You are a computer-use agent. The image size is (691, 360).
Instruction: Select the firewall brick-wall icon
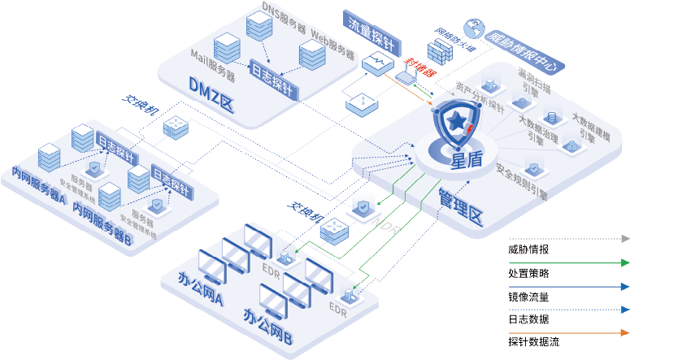click(439, 51)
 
